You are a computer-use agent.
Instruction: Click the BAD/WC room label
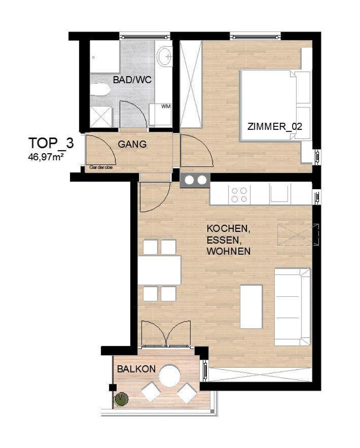click(132, 80)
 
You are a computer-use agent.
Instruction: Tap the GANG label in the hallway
click(132, 144)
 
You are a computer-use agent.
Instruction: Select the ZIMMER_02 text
click(275, 126)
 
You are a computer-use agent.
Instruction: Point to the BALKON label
click(136, 369)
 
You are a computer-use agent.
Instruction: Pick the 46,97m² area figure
click(46, 157)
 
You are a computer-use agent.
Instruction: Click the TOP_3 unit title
click(51, 143)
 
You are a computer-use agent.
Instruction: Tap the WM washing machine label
click(166, 106)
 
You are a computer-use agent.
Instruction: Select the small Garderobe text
click(101, 167)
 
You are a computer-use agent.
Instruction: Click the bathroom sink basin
click(164, 56)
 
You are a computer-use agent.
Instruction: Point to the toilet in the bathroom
click(100, 89)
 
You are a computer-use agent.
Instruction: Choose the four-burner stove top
click(239, 195)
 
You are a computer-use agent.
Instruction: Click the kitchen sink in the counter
click(280, 194)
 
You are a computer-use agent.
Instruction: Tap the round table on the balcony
click(169, 375)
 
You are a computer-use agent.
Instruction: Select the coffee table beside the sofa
click(251, 306)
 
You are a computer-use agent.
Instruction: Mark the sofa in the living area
click(293, 307)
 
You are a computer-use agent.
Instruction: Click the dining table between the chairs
click(159, 270)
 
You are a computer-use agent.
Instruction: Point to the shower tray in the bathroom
click(101, 117)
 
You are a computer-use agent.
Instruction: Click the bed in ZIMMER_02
click(275, 105)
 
